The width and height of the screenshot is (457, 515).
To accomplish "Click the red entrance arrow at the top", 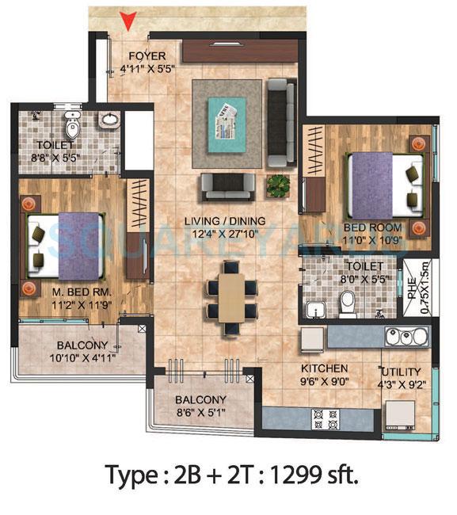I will pyautogui.click(x=128, y=21).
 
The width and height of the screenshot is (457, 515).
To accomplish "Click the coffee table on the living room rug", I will pyautogui.click(x=227, y=119).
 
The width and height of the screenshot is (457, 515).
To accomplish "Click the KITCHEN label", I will pyautogui.click(x=324, y=369).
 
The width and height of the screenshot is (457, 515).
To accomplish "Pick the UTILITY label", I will pyautogui.click(x=401, y=372).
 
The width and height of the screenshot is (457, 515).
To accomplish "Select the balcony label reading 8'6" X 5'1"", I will pyautogui.click(x=200, y=406).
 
